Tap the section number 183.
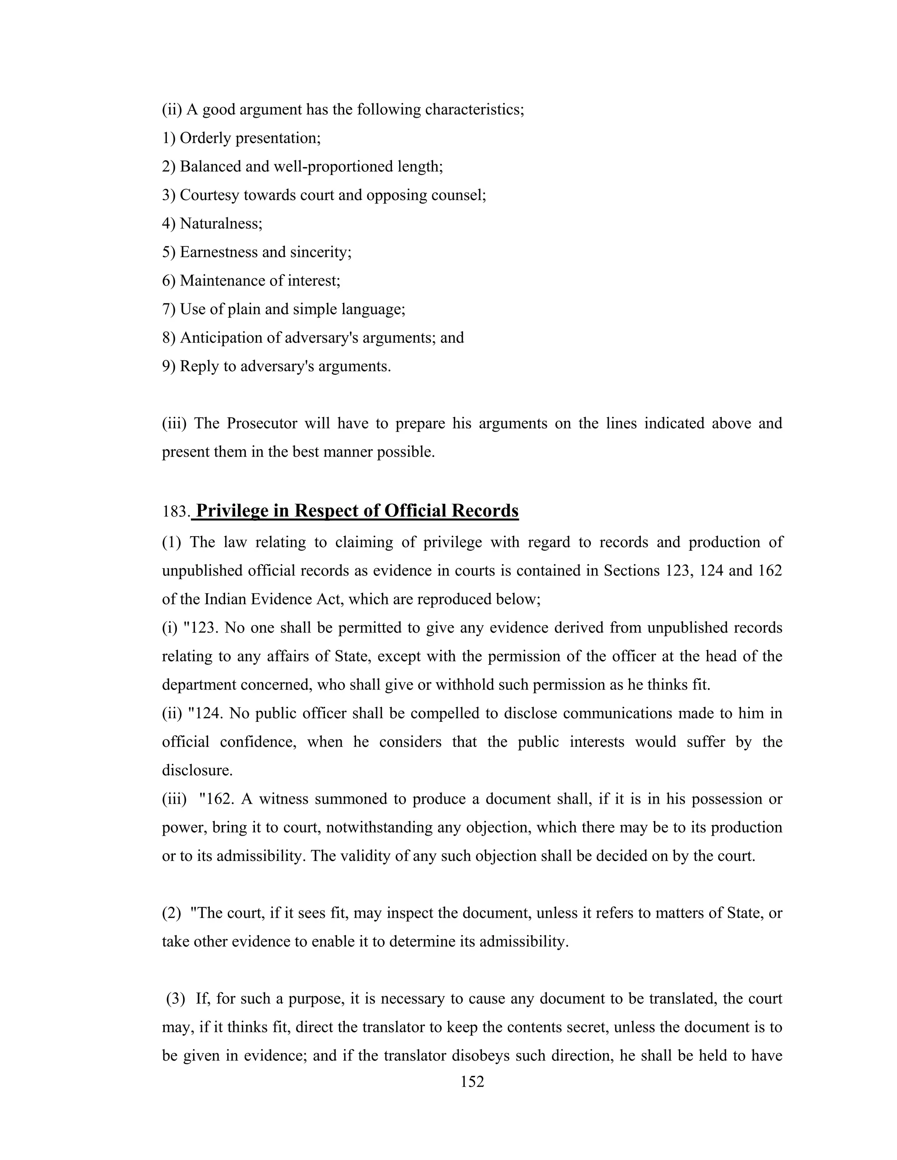(175, 512)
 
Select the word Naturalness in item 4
(221, 224)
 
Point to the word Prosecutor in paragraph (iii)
(259, 423)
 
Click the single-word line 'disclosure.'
(197, 771)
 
